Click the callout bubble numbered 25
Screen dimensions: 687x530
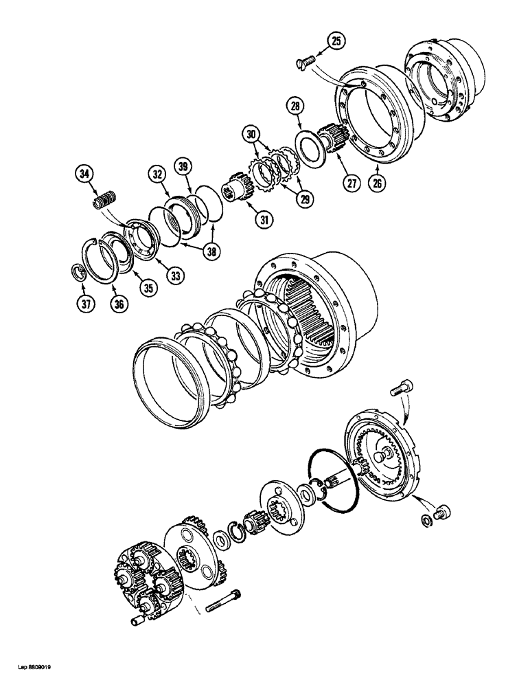tap(335, 43)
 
